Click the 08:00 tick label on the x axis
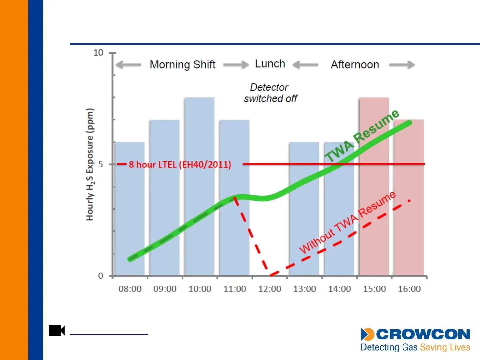[130, 289]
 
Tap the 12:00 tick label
[270, 289]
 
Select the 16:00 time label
[409, 289]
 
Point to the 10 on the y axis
[98, 53]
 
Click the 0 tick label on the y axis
[100, 276]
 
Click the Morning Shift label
[182, 64]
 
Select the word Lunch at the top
[270, 64]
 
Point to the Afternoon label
[355, 64]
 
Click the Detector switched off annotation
[270, 93]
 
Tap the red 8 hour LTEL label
[180, 164]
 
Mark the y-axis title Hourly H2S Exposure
[90, 164]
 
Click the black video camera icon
[57, 330]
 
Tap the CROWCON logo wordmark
[423, 334]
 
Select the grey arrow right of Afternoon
[402, 65]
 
